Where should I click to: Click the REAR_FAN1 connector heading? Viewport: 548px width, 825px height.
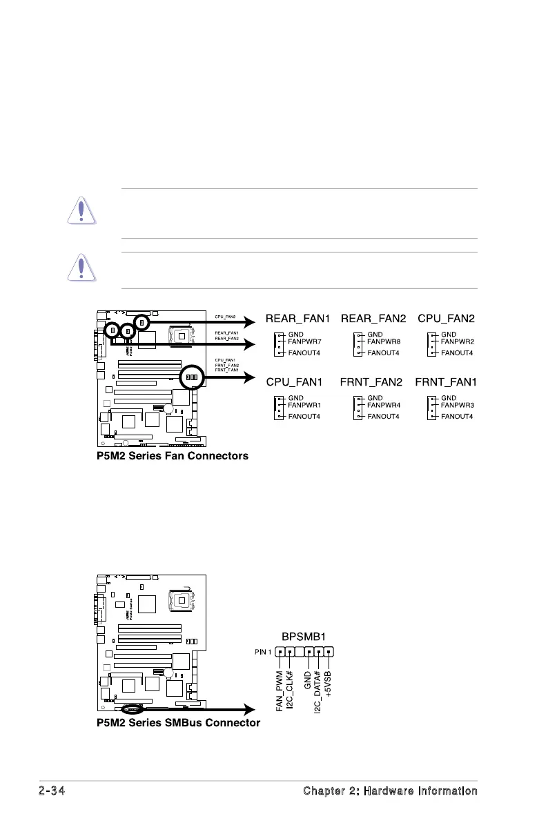(x=298, y=319)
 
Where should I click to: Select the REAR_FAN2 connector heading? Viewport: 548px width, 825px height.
(x=375, y=319)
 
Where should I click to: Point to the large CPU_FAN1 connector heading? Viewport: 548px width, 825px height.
(x=298, y=381)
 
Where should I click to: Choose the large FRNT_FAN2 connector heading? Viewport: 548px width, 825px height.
(x=375, y=381)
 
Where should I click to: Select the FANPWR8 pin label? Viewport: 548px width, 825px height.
(x=384, y=341)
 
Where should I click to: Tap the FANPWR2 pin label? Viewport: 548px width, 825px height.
(x=458, y=341)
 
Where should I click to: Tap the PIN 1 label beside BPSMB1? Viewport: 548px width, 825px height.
(x=262, y=651)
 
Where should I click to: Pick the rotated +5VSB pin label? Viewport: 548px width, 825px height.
(x=329, y=682)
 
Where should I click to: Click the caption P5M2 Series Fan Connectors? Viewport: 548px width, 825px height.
(x=173, y=456)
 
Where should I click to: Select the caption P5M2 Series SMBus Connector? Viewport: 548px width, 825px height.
(x=179, y=723)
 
